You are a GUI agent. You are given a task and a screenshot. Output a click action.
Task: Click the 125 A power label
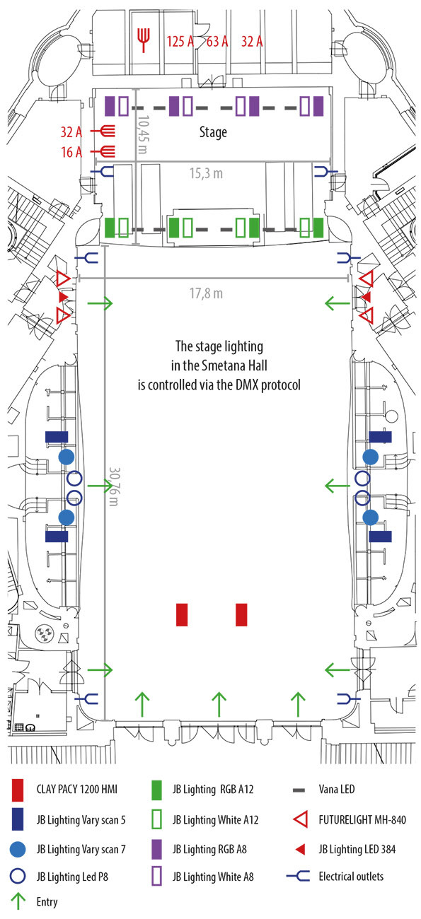[180, 42]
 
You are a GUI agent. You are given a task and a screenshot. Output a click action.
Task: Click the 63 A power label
[217, 42]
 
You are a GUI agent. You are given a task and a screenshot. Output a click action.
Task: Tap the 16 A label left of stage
[71, 152]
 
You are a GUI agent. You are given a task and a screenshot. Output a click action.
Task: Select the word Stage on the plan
[213, 132]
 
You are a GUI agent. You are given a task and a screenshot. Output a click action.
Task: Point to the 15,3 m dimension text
[206, 173]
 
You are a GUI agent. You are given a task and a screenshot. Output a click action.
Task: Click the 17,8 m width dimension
[206, 293]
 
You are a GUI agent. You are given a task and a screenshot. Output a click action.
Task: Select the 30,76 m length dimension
[114, 486]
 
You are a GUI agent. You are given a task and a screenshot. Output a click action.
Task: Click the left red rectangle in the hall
[182, 614]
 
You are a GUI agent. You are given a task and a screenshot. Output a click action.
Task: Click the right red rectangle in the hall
[241, 614]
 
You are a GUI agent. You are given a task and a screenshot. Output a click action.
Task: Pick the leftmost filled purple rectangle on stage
[110, 106]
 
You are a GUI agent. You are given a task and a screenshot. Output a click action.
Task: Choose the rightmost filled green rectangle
[318, 228]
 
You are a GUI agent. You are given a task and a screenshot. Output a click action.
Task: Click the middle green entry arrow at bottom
[219, 704]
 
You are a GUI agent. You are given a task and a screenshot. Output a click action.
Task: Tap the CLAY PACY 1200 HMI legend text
[77, 789]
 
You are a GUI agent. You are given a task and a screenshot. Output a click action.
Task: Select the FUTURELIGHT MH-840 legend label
[362, 820]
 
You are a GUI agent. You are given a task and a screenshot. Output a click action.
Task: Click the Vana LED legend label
[336, 789]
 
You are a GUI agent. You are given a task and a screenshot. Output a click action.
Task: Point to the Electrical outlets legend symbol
[298, 877]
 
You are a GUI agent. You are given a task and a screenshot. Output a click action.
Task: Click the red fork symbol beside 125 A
[144, 40]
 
